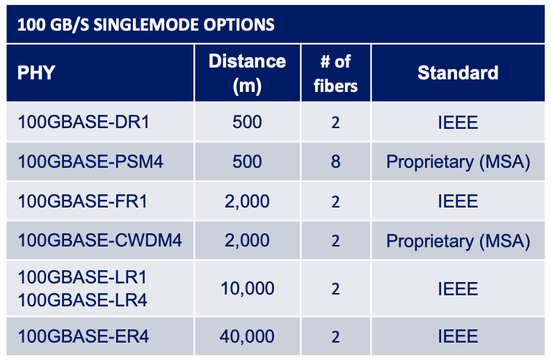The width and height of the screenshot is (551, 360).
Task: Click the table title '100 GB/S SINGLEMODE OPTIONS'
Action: coord(146,24)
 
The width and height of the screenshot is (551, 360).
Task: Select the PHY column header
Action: coord(36,73)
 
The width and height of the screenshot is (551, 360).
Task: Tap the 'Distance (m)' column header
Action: coord(247,74)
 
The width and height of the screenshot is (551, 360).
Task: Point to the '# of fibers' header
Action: coord(335,74)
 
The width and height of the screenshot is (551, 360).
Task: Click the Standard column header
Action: coord(458,73)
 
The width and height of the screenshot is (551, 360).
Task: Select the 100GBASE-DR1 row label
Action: coord(83,122)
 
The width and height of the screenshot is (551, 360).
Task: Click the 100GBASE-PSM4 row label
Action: coord(90,162)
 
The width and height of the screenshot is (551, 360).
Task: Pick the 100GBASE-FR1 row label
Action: coord(83,201)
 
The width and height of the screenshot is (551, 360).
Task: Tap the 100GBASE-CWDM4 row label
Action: coord(99,240)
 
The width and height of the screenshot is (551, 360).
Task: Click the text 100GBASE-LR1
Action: coord(82,277)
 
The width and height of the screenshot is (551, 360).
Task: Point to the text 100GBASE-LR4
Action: coord(83,300)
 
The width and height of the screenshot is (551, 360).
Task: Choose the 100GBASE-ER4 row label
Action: coord(83,336)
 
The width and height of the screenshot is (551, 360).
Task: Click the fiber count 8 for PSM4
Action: coord(335,162)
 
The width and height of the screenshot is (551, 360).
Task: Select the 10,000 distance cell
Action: coord(248,289)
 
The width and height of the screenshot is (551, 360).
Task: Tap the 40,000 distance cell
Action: coord(247,336)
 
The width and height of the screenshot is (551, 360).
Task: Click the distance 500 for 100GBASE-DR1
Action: coord(247,122)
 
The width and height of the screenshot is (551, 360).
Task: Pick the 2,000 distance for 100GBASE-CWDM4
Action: coord(247,241)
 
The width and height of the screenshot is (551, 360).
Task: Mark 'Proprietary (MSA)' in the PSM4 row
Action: coord(458,162)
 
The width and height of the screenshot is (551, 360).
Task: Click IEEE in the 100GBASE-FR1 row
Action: coord(458,201)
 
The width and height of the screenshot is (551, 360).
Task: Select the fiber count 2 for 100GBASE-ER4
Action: coord(335,337)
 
